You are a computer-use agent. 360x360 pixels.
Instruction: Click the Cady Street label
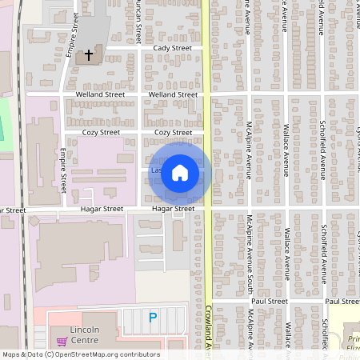171,48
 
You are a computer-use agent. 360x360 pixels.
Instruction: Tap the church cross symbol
89,56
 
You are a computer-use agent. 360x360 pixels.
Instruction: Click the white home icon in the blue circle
180,173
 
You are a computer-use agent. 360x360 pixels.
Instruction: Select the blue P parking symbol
153,318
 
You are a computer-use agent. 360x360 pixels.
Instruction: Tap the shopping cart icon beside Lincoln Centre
62,341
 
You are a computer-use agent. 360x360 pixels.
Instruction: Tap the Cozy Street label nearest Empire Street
102,132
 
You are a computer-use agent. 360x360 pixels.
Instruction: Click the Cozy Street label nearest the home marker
173,132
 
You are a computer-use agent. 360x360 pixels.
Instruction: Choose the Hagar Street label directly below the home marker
173,209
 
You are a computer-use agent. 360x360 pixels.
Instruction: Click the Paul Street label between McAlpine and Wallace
268,301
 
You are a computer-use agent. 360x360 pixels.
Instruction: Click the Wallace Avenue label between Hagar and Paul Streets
286,255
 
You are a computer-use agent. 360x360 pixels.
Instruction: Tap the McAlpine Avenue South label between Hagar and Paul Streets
250,255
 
